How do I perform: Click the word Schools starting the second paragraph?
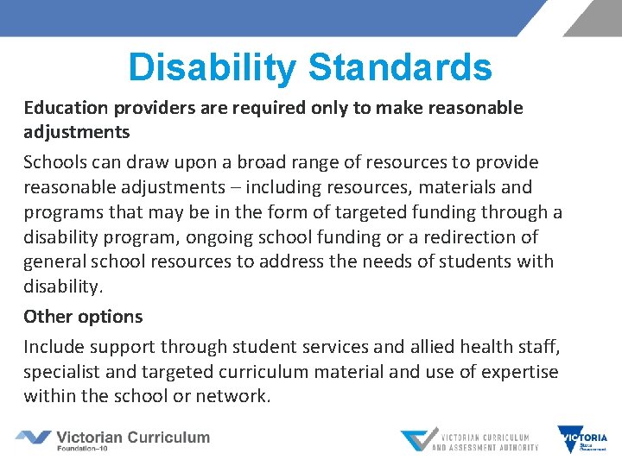click(x=52, y=162)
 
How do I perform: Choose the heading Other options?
click(x=83, y=317)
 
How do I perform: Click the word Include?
click(x=54, y=347)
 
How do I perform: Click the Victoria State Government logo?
click(x=582, y=439)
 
